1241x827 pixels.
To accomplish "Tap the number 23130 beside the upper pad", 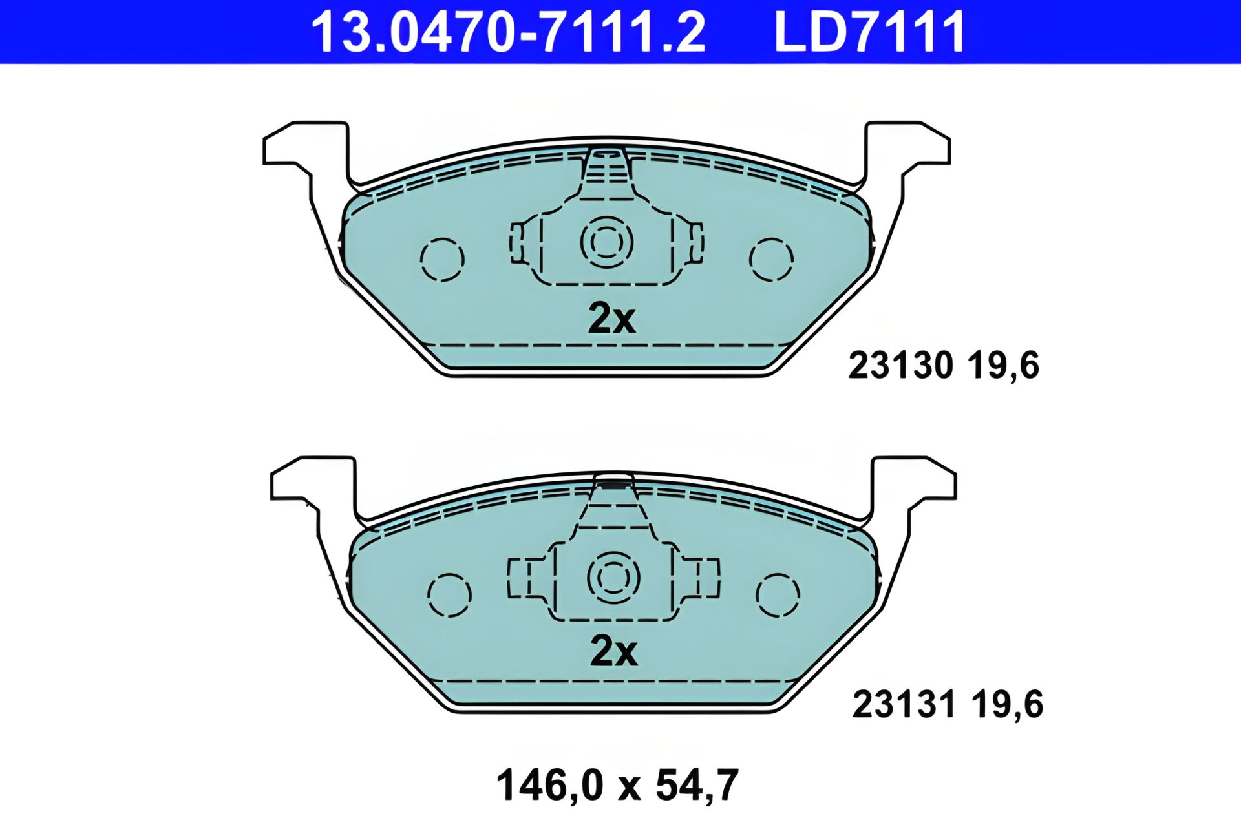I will click(x=900, y=366).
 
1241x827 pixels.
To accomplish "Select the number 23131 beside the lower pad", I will click(x=904, y=704).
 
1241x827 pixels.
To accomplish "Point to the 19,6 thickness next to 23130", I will click(x=1003, y=366).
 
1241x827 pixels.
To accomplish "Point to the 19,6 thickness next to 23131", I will click(x=1007, y=704).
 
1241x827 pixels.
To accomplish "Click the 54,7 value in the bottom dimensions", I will click(x=697, y=786).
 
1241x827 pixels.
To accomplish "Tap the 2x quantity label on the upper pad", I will click(x=611, y=319).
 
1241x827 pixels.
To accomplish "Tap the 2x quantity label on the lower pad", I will click(x=613, y=651).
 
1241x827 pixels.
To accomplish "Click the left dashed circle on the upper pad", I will click(x=442, y=260).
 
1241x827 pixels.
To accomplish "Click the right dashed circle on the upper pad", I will click(x=771, y=260).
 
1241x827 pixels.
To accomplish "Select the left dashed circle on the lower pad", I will click(x=450, y=594).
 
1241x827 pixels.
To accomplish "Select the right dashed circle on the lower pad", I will click(x=778, y=594).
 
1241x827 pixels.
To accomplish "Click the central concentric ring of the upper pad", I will click(x=607, y=242).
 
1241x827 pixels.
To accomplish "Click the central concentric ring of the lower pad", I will click(x=613, y=577).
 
